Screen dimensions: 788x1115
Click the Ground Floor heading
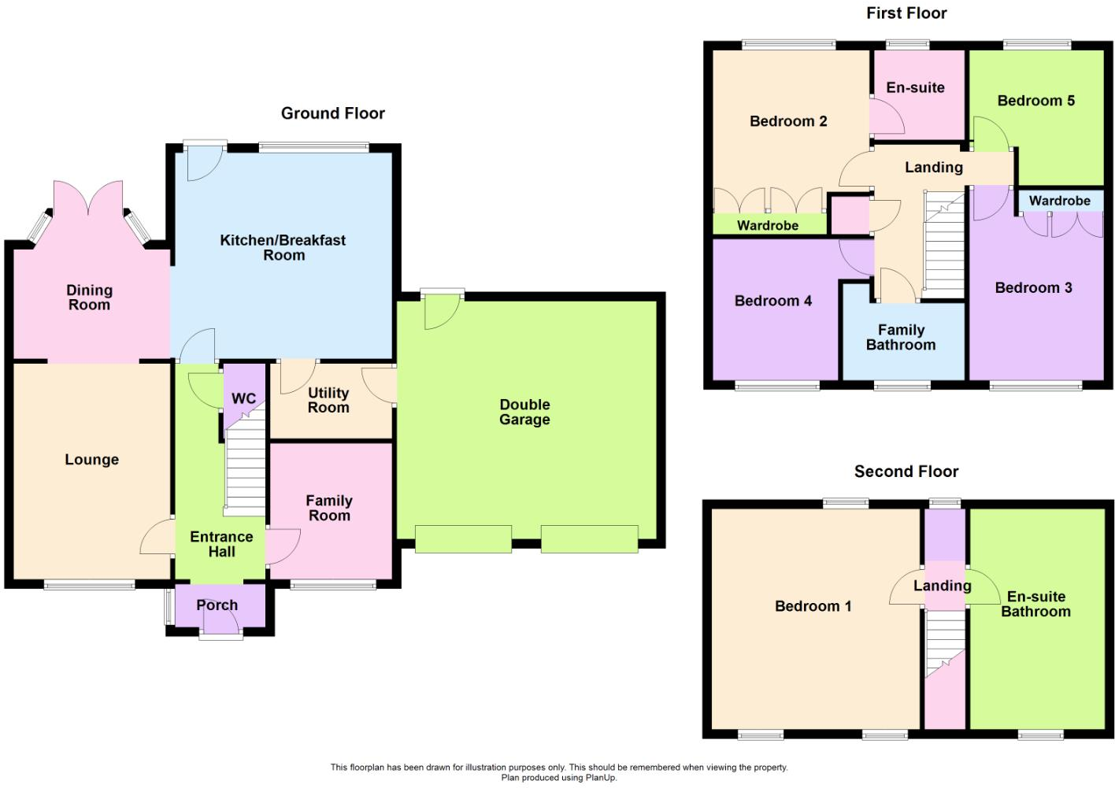pos(332,113)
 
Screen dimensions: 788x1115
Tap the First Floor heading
pos(906,13)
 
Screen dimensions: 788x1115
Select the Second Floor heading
pos(906,472)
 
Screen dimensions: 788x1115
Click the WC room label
pos(243,398)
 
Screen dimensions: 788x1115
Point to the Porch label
pos(217,605)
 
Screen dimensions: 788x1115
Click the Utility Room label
pos(328,400)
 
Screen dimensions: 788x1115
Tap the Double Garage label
pos(524,412)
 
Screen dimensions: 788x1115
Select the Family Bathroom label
pos(901,338)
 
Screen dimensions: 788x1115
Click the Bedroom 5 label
pos(1035,101)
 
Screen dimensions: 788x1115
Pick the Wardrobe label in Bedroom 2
pos(768,226)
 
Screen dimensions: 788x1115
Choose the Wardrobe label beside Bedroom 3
pos(1059,201)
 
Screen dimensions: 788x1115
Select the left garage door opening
pos(463,539)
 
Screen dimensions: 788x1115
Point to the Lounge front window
pos(89,585)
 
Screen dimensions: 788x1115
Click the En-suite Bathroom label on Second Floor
pos(1035,604)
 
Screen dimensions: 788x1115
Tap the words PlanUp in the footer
pos(600,778)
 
